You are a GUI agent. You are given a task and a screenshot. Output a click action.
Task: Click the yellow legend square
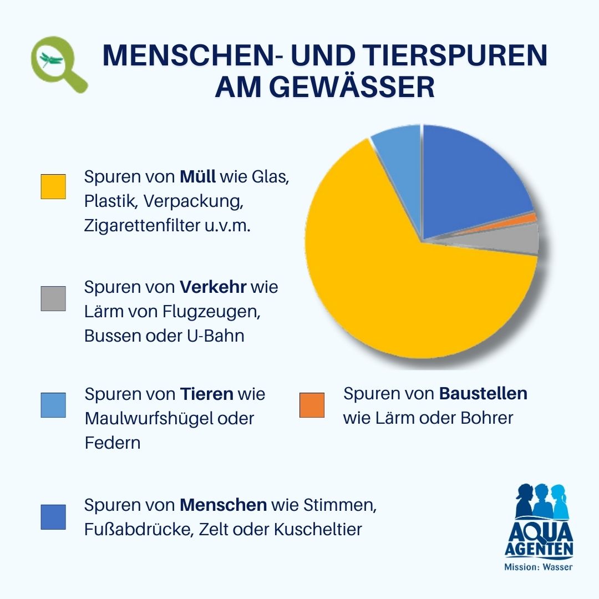[x=53, y=186]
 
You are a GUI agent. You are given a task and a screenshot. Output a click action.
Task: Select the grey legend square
[x=53, y=298]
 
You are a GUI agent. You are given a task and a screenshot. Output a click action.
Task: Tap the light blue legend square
[x=53, y=405]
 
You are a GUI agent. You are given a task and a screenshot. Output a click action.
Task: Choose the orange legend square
[x=312, y=405]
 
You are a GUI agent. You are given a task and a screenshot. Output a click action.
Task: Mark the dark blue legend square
[x=53, y=517]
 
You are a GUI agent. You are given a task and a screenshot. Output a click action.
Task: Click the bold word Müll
[x=198, y=177]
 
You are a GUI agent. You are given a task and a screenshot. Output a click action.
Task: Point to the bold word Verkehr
[x=213, y=287]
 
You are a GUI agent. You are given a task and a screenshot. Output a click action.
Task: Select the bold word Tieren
[x=207, y=394]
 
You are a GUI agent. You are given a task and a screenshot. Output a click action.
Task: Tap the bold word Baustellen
[x=483, y=394]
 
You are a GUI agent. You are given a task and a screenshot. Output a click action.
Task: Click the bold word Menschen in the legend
[x=223, y=505]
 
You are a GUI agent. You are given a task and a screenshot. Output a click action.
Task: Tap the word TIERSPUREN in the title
[x=455, y=55]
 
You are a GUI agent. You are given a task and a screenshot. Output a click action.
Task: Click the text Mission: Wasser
[x=538, y=567]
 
